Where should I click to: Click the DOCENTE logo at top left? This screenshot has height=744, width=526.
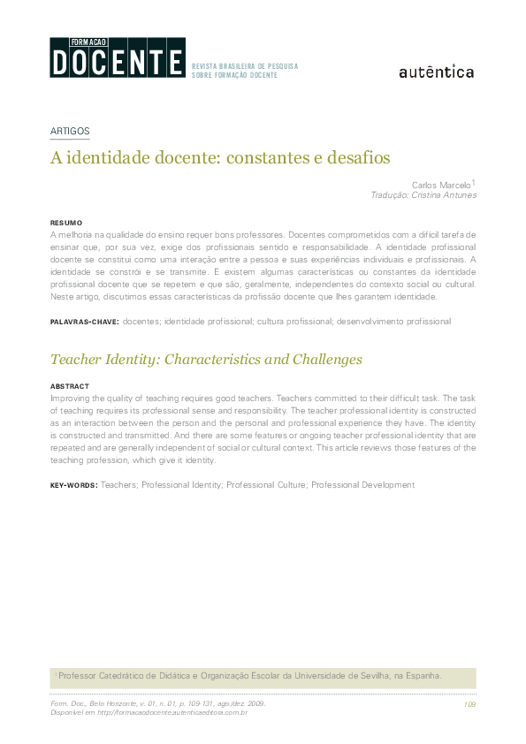click(x=118, y=58)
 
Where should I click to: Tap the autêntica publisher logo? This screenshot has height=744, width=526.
click(x=437, y=72)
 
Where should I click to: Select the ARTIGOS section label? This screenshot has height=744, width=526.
click(x=70, y=131)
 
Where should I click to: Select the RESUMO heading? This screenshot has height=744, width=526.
click(x=66, y=223)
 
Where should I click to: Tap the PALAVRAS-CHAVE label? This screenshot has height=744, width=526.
click(x=84, y=322)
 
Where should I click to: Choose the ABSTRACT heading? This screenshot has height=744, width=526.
click(x=69, y=387)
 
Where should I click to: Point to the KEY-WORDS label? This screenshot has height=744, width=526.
click(x=73, y=485)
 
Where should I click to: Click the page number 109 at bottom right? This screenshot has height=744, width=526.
click(x=469, y=704)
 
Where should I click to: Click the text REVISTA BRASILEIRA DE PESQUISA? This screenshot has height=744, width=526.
click(x=245, y=66)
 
